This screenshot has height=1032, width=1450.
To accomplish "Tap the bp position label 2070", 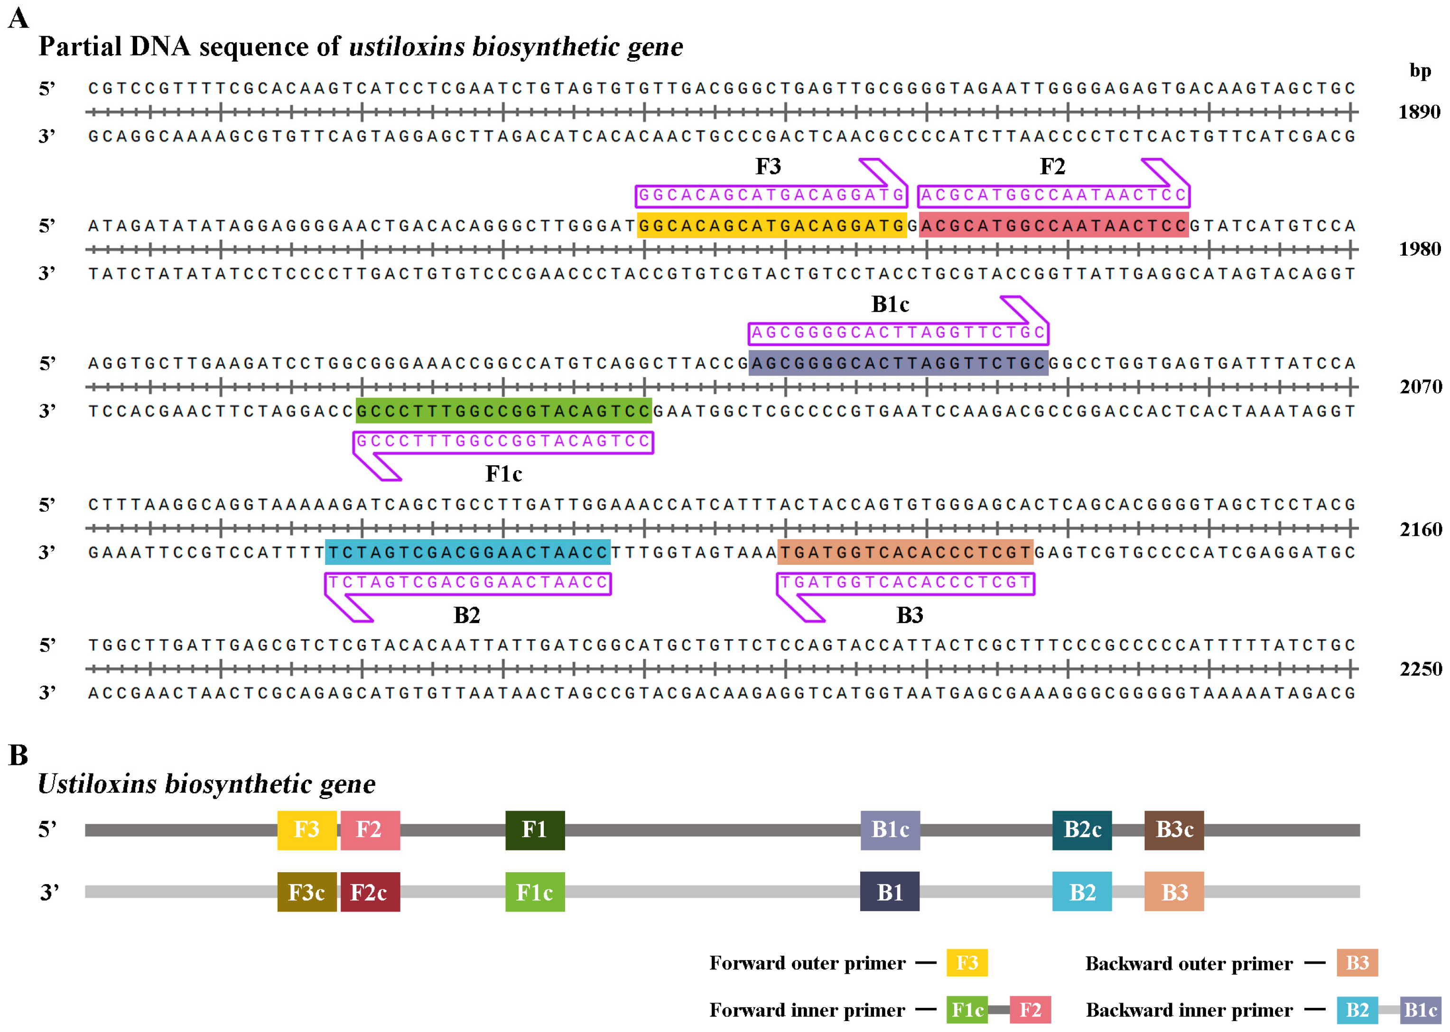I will (1420, 387).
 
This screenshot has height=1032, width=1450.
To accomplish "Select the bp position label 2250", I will (1420, 669).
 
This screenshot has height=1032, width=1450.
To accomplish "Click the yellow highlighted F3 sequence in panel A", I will (771, 226).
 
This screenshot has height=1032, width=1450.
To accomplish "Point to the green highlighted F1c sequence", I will (503, 411).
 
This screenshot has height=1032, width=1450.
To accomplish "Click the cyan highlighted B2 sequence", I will (467, 552).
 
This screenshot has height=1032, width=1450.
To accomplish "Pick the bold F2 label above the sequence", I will (1052, 167).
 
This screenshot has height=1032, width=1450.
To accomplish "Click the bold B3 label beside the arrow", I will (909, 615).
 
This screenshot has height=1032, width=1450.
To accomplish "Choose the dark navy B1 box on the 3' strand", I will (889, 892).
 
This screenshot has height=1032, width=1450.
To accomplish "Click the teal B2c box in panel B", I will (1081, 830).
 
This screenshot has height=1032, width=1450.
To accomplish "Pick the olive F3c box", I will (307, 892).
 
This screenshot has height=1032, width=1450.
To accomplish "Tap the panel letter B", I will (18, 756).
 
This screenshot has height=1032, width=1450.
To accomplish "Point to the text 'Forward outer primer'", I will (807, 963).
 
